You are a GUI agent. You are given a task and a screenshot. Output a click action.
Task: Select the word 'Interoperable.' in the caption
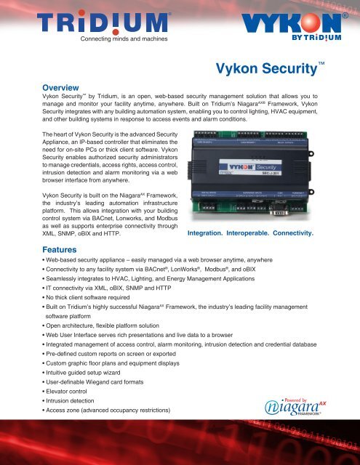pos(257,235)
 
